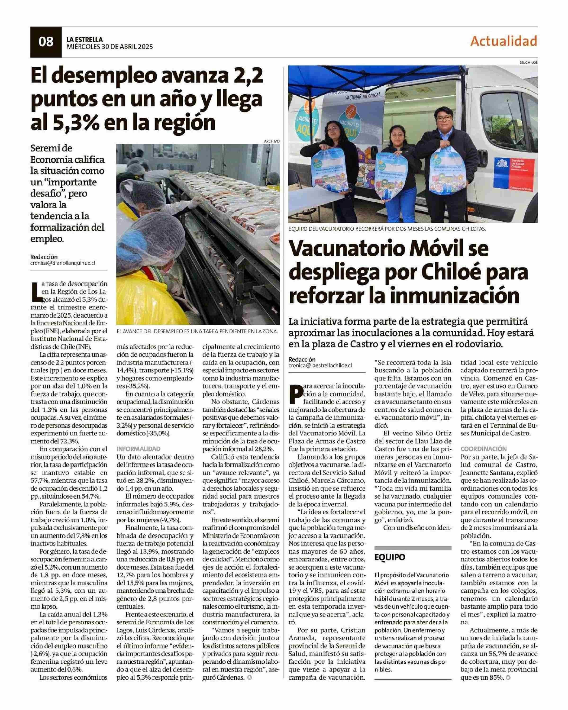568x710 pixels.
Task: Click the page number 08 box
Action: point(46,42)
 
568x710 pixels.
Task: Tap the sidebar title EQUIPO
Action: point(390,557)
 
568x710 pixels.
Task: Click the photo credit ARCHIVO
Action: point(272,141)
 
